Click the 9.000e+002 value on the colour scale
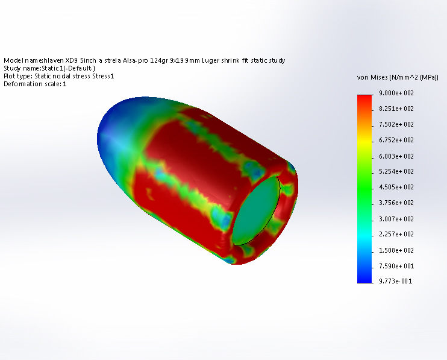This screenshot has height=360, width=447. (396, 93)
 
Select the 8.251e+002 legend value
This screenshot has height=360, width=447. (396, 109)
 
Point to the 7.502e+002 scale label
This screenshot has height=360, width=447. (396, 124)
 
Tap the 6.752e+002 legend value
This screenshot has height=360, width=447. (396, 140)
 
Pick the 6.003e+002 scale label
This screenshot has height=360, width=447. (396, 156)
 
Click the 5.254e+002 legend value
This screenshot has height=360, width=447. (396, 171)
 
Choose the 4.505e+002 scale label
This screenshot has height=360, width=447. (396, 187)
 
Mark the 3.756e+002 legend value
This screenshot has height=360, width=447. (396, 203)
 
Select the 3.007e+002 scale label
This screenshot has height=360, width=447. (396, 219)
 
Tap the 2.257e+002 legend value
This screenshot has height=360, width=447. (396, 234)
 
